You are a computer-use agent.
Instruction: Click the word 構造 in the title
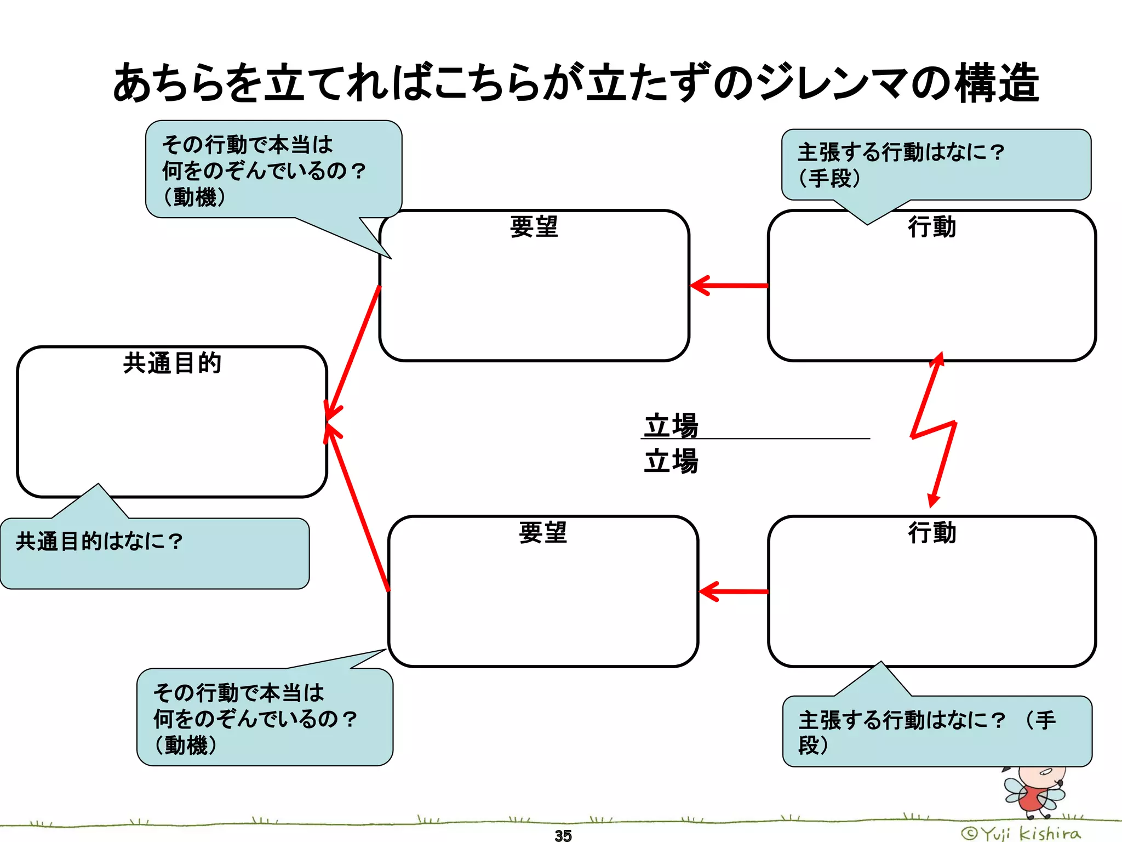pos(997,83)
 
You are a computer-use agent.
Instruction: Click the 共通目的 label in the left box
pos(172,363)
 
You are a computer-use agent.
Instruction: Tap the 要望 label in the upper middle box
pos(534,226)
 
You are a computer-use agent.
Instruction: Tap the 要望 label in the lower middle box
pos(543,532)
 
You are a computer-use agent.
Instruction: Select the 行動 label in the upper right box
pos(932,226)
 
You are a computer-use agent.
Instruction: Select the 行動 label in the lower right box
pos(932,532)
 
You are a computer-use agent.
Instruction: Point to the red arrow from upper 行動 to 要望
pos(729,286)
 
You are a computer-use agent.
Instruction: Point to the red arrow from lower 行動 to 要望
pos(734,591)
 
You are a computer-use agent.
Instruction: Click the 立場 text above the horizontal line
pos(671,425)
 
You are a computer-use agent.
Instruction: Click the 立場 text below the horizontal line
pos(671,460)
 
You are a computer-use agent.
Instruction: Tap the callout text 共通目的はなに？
pos(99,541)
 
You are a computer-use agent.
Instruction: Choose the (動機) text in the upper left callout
pos(194,197)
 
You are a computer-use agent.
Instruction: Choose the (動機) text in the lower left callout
pos(186,745)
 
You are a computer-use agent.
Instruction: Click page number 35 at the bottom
pos(563,835)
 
